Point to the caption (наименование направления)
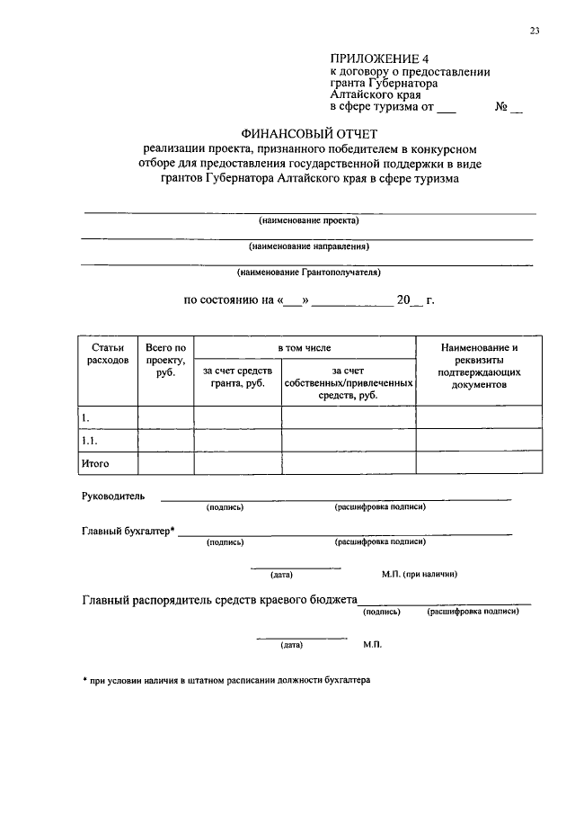click(309, 246)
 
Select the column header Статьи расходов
click(108, 353)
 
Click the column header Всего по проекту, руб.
click(165, 360)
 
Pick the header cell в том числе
click(305, 347)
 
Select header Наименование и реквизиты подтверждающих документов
click(480, 365)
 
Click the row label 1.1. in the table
click(90, 441)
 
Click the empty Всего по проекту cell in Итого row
click(165, 463)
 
